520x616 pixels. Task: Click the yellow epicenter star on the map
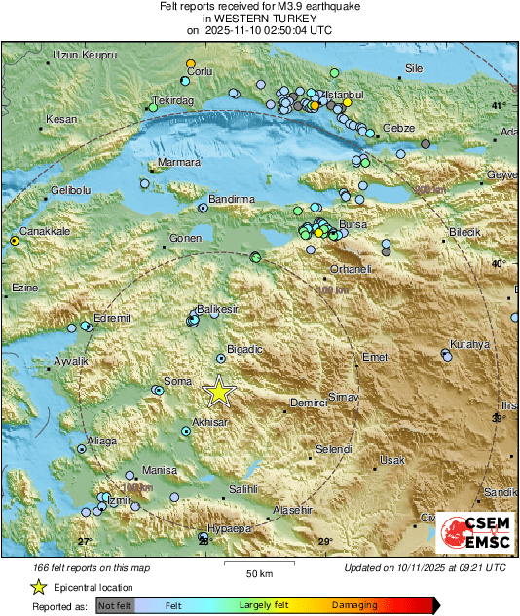pos(219,391)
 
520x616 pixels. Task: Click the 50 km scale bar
pos(257,565)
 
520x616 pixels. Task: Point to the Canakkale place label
pos(46,231)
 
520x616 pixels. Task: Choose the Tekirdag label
pos(174,100)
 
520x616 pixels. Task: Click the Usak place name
pos(391,459)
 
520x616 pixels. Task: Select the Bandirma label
pos(232,198)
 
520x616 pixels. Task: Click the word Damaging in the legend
pos(354,605)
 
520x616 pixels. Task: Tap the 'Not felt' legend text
pos(115,605)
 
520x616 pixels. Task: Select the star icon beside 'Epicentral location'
pos(38,587)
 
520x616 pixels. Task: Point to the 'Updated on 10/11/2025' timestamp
pos(425,567)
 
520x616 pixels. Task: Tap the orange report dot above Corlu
pos(191,63)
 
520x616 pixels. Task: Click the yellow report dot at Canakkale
pos(15,240)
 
